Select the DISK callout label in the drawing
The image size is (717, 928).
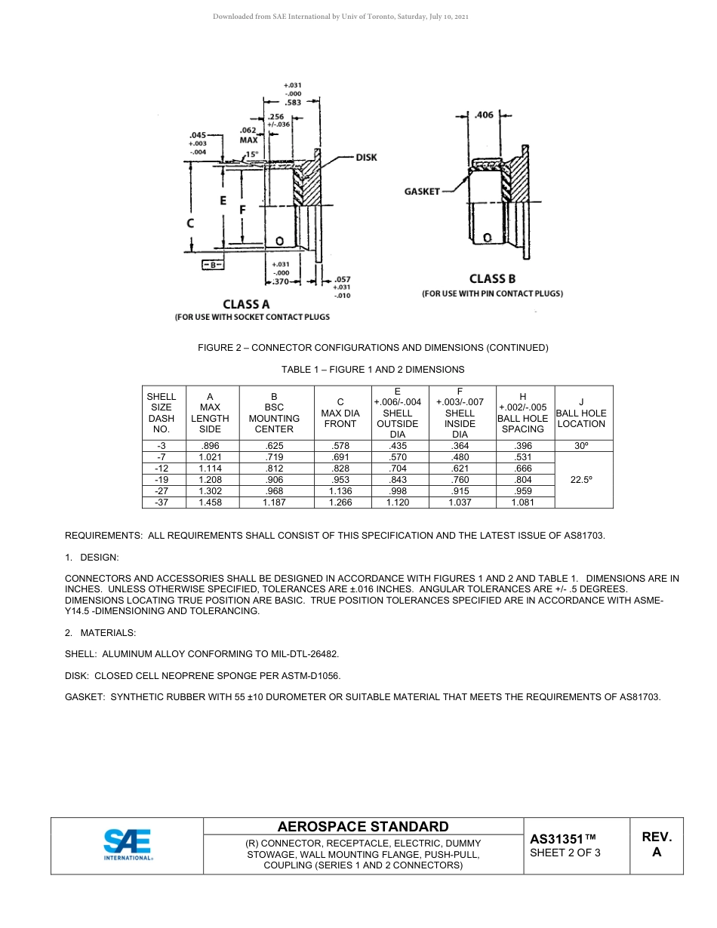tap(366, 158)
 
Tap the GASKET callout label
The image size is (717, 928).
tap(422, 192)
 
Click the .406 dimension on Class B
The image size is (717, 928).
tap(484, 115)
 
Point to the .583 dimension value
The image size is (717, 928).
tap(293, 102)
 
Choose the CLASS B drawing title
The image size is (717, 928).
tap(492, 279)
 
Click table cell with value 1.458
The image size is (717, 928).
tap(210, 502)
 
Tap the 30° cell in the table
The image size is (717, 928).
tap(581, 446)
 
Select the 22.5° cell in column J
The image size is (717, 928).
tap(581, 479)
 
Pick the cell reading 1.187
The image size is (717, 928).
tap(274, 502)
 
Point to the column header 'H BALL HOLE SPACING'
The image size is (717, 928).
tap(522, 413)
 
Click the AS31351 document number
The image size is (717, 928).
tap(563, 839)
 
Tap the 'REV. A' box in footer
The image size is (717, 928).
tap(657, 845)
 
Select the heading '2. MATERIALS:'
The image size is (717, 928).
tap(100, 632)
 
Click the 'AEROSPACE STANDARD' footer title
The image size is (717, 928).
tap(363, 827)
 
